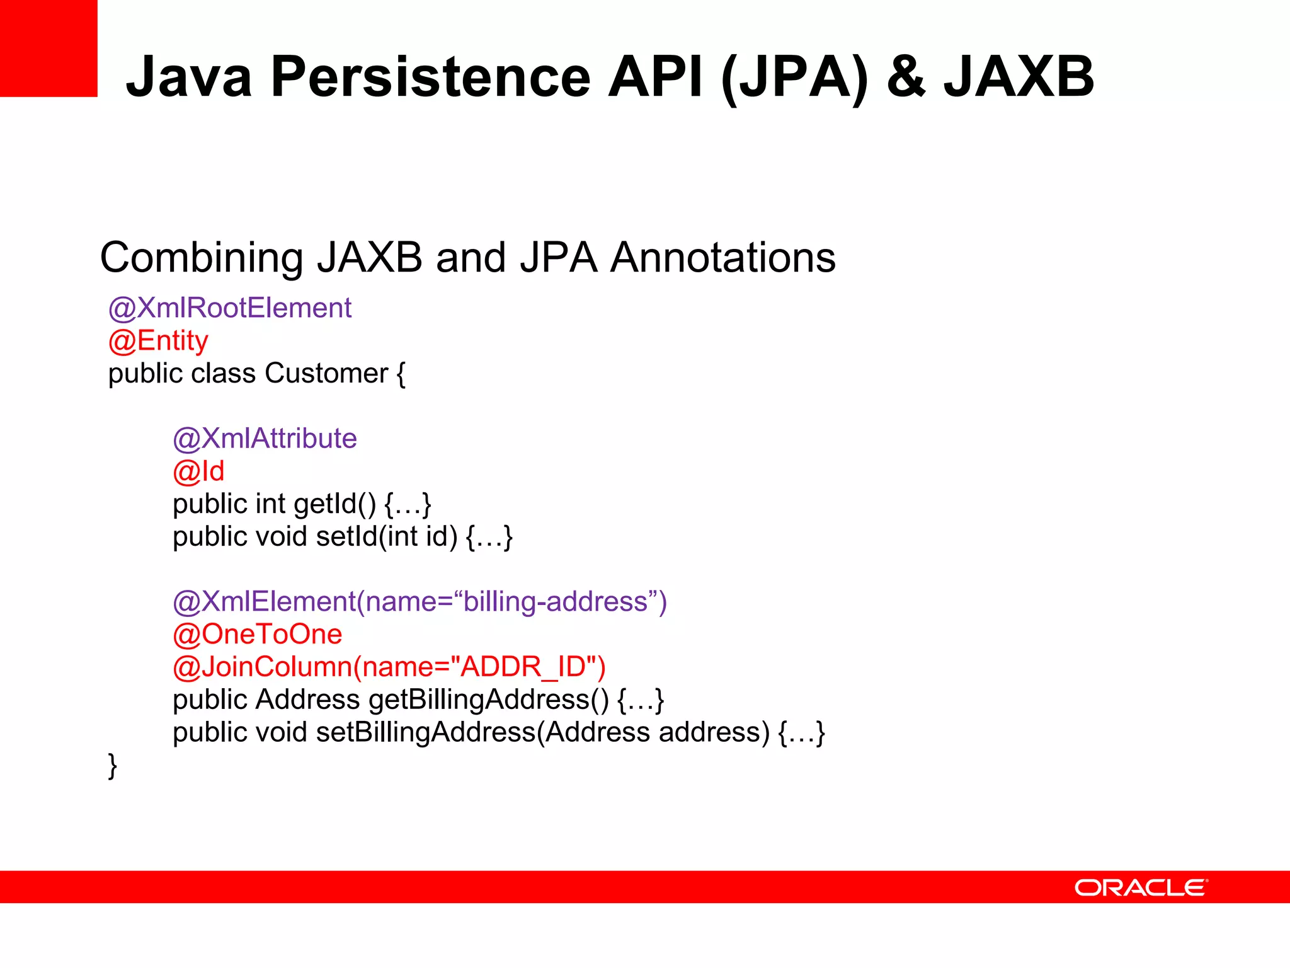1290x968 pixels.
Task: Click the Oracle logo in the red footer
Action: [1141, 887]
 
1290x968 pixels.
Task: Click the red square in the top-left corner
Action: [49, 48]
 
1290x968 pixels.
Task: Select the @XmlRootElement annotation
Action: [230, 308]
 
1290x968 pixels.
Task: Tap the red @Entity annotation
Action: [158, 341]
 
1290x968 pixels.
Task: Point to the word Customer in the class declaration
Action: [326, 374]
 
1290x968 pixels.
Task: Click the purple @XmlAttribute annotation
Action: [265, 439]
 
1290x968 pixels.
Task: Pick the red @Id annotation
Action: [198, 471]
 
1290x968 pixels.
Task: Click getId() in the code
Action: [334, 504]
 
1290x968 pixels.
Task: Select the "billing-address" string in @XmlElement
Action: [556, 602]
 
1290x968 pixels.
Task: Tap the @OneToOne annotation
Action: [258, 635]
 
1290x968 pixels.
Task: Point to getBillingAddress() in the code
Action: [489, 700]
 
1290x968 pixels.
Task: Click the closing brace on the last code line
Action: [113, 766]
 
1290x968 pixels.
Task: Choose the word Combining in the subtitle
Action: [202, 258]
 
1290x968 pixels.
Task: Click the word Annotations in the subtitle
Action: [723, 258]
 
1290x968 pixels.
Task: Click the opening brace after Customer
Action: [401, 374]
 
